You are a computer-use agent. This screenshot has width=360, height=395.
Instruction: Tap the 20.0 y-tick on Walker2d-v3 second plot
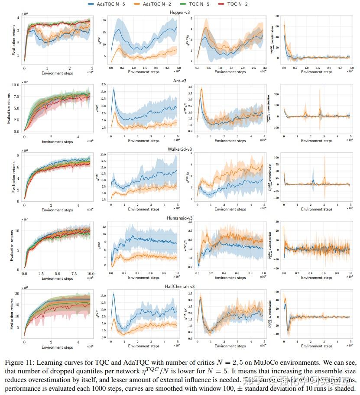click(103, 155)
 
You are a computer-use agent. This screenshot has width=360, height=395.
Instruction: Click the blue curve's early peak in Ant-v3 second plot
click(114, 90)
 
